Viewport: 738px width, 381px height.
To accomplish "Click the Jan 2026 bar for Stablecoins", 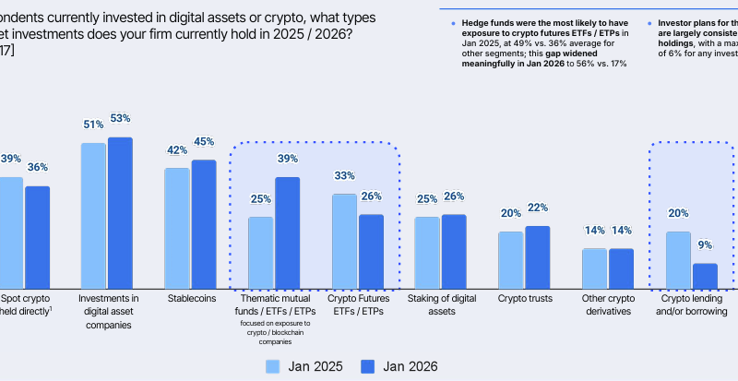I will (x=204, y=224).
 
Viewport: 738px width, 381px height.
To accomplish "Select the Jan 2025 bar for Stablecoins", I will (x=177, y=228).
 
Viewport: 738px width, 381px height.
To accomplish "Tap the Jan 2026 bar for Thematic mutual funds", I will (x=288, y=232).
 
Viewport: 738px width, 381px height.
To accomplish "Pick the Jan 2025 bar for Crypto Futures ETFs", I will (x=344, y=241).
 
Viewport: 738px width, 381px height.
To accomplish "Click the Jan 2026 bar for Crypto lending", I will (x=706, y=276).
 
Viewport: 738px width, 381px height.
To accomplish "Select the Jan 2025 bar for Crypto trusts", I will (x=511, y=259).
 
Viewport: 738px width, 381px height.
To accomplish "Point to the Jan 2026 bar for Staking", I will (x=455, y=251).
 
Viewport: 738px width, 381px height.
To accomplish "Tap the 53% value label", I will (x=121, y=119).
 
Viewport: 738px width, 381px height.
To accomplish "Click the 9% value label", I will (x=706, y=245).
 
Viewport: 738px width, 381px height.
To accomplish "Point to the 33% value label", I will (x=344, y=176).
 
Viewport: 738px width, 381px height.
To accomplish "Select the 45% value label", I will (x=204, y=142).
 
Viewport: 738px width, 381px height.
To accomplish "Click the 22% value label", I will (x=538, y=208).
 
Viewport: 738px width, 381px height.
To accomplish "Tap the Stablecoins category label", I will (x=192, y=299).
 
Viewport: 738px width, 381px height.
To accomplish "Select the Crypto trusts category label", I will (x=525, y=299).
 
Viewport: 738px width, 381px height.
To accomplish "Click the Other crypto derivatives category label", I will (x=607, y=305).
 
